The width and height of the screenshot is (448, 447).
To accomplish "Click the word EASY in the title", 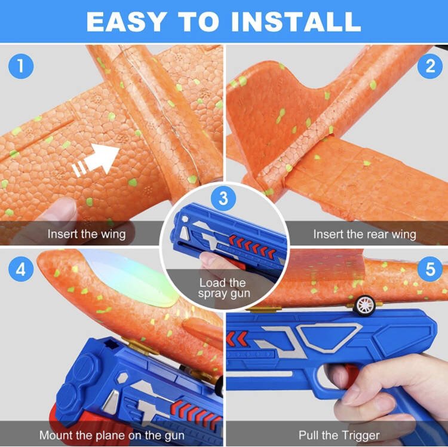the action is [x=126, y=22].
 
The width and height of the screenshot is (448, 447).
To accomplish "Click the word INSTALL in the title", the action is [x=296, y=22].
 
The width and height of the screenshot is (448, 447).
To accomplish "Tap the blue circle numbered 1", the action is [x=21, y=66].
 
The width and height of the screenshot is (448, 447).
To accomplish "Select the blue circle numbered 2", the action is [x=430, y=66].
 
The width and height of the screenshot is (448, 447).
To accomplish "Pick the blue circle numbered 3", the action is [x=223, y=198].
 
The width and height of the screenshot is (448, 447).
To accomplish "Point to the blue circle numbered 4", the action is [x=21, y=269].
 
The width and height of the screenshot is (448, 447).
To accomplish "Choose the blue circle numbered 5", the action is [x=430, y=269].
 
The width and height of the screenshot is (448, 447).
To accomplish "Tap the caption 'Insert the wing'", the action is [x=87, y=234].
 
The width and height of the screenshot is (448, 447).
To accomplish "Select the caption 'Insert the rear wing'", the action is [x=364, y=234].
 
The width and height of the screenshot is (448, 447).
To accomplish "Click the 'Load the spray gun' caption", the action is [x=224, y=288].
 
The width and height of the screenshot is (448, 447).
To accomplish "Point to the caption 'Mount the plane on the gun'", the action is [x=112, y=435].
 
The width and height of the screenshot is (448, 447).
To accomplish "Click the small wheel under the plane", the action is [x=364, y=305].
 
